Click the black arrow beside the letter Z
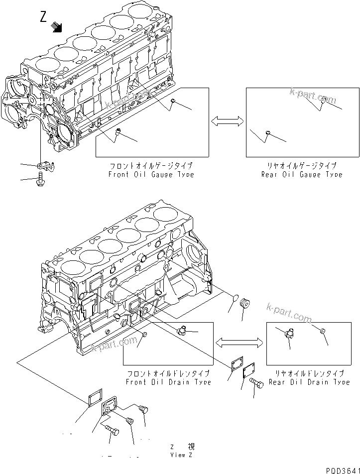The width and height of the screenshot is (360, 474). (58, 27)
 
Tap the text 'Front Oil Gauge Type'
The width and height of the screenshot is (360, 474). (151, 174)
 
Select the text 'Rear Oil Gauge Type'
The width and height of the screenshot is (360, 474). (302, 174)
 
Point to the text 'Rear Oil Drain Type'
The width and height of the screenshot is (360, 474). (309, 382)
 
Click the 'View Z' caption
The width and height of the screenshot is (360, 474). (178, 455)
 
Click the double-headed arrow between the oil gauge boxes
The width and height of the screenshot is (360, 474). (227, 120)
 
